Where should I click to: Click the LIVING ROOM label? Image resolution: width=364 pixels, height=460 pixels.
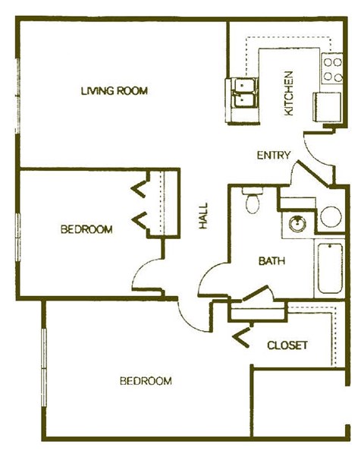coord(114,91)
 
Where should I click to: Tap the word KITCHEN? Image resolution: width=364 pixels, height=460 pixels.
coord(289,93)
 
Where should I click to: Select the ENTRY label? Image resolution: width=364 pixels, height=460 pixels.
coord(273,155)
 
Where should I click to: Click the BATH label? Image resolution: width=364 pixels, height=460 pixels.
coord(271,261)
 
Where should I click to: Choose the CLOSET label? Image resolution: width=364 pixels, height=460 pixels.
coord(287,345)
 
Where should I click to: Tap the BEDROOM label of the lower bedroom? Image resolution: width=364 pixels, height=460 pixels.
coord(146,381)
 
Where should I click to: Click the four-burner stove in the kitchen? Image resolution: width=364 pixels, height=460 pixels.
coord(332,70)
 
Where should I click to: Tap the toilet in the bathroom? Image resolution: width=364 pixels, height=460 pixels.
coord(253,202)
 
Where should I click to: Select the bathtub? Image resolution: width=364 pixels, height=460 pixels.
coord(330,269)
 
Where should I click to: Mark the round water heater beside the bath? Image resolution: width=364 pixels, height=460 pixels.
coord(331,216)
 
